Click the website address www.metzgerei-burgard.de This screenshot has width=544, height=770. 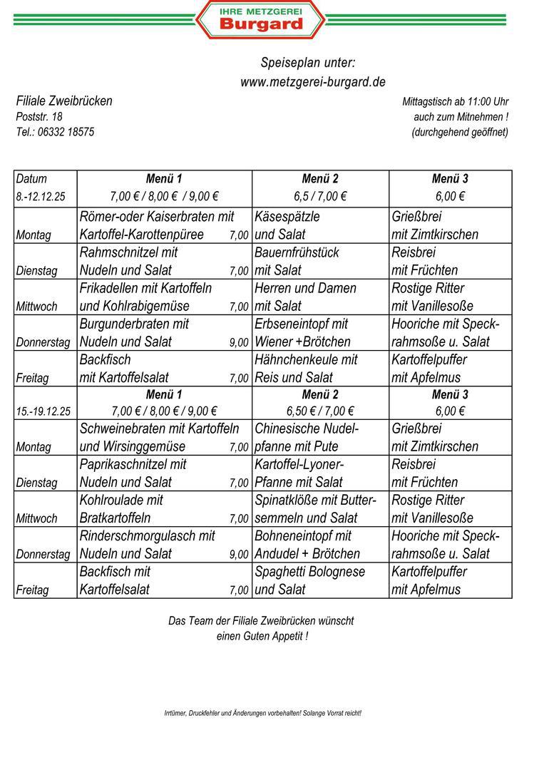[x=312, y=82]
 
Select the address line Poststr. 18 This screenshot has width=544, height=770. [x=39, y=116]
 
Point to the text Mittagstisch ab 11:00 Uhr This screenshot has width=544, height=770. [x=455, y=102]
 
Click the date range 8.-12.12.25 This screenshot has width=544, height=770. [x=41, y=197]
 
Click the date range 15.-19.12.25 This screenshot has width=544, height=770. [x=43, y=411]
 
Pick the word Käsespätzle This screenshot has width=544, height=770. [x=287, y=216]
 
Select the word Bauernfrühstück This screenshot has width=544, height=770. [x=297, y=252]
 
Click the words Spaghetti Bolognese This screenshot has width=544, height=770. [x=309, y=571]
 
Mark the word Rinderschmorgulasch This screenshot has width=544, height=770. [x=140, y=535]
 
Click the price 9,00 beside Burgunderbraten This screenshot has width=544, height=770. [x=239, y=343]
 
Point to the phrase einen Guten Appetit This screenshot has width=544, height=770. [x=262, y=636]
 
